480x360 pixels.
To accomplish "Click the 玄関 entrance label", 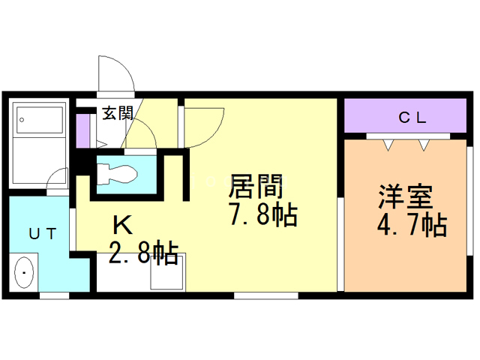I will pos(118,114).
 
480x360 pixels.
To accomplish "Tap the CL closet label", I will pos(412,117).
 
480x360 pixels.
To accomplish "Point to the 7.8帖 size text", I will pos(262,215).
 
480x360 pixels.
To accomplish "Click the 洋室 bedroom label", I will pos(406,196).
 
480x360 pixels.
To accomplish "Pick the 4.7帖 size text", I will pos(412,224).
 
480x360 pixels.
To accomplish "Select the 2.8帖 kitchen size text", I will pos(144,253).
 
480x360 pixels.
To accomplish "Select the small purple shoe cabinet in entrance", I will pos(84,129).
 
